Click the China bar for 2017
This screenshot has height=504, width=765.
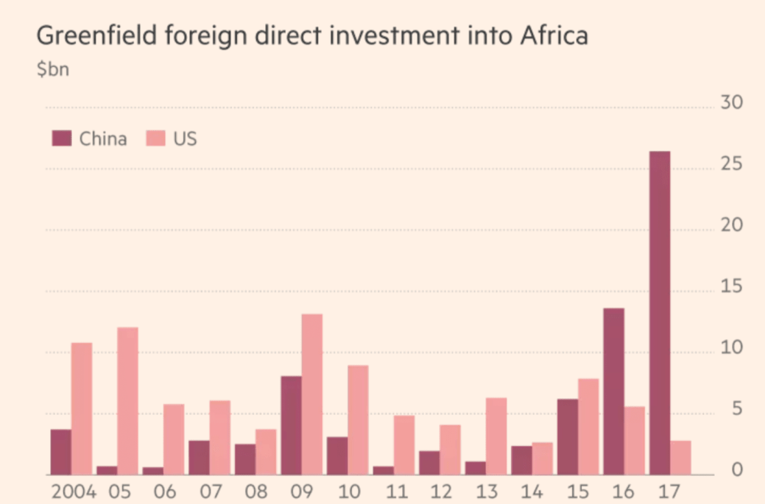(x=659, y=313)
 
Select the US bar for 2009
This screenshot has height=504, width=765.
(x=311, y=394)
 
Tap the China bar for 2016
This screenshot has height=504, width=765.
(x=613, y=391)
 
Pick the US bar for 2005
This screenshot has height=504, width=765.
(x=127, y=401)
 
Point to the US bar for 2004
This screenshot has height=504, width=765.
(x=81, y=408)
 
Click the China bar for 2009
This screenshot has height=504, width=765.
(x=291, y=425)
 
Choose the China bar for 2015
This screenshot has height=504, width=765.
(x=568, y=437)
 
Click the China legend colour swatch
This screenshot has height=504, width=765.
(x=61, y=138)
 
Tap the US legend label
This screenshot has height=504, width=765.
(x=185, y=138)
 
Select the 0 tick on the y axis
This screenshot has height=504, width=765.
(x=736, y=471)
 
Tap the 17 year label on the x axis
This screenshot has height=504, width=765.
(x=669, y=490)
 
